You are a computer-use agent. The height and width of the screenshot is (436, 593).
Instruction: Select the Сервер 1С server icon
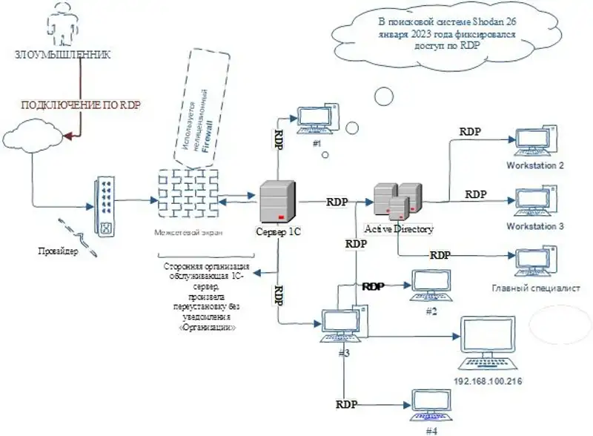(278, 201)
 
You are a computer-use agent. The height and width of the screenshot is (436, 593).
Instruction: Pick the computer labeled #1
(317, 119)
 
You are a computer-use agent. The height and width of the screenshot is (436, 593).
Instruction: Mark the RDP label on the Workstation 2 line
(470, 132)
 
